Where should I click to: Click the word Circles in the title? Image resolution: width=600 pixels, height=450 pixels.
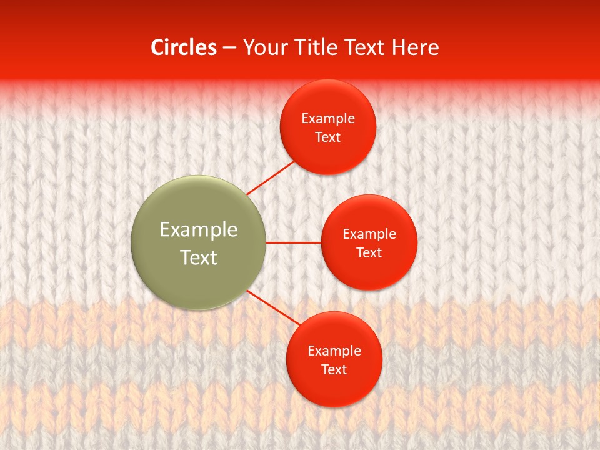(x=184, y=47)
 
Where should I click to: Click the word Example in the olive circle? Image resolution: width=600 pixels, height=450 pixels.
(x=199, y=230)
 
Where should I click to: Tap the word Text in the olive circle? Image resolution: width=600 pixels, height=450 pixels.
(x=199, y=257)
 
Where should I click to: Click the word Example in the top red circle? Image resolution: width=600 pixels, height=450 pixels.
(x=328, y=119)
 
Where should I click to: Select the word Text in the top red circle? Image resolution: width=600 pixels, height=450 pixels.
(x=328, y=137)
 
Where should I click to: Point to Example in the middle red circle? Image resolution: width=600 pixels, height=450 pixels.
(x=369, y=234)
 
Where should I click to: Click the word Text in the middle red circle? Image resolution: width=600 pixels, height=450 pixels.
(x=369, y=252)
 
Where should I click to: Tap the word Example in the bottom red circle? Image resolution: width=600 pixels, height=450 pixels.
(x=334, y=351)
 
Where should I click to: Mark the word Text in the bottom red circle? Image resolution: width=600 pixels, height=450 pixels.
(x=334, y=369)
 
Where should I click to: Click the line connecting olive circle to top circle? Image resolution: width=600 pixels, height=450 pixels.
(x=271, y=177)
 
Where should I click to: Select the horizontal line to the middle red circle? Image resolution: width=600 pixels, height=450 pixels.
(x=294, y=242)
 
